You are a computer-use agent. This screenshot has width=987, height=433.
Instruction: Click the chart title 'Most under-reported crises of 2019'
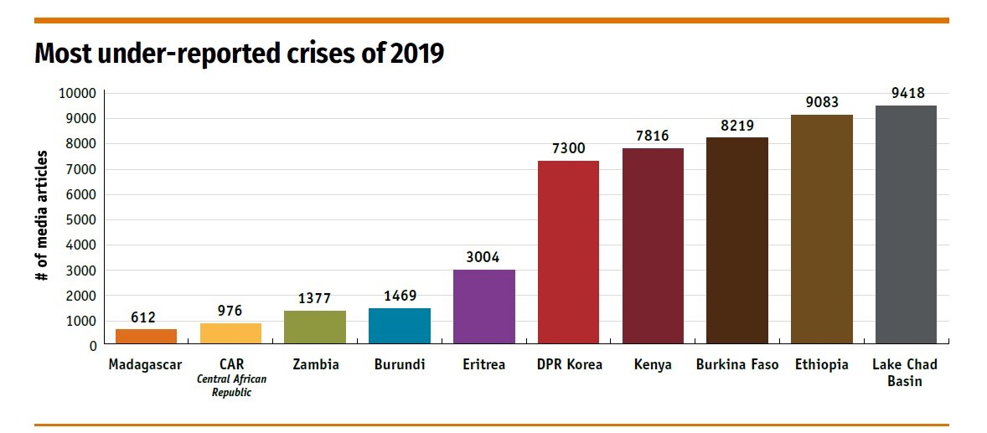click(x=239, y=54)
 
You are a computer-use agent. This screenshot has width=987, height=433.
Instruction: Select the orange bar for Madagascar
click(x=146, y=336)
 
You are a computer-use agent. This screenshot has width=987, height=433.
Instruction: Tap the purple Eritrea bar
click(x=483, y=307)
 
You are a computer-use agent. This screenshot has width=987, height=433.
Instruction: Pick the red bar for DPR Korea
click(x=568, y=252)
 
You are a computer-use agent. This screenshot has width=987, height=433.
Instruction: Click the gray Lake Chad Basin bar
click(x=905, y=224)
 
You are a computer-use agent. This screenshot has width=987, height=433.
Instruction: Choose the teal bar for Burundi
click(x=399, y=326)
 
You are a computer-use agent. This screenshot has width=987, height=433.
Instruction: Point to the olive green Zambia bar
click(x=315, y=327)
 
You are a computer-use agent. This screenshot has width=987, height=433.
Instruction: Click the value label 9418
click(x=907, y=93)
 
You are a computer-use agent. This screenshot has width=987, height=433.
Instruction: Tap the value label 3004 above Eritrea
click(x=484, y=257)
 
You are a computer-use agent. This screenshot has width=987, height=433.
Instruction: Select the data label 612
click(x=143, y=317)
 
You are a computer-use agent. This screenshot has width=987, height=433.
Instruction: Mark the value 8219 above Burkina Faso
click(x=738, y=126)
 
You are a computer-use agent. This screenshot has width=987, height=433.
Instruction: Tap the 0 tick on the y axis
click(x=92, y=346)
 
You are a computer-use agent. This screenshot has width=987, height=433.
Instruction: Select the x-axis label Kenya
click(x=653, y=365)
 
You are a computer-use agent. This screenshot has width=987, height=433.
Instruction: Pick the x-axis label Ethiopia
click(x=822, y=365)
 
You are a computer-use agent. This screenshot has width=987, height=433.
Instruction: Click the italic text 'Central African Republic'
click(x=231, y=386)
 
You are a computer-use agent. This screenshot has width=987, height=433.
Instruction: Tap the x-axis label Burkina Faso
click(x=737, y=365)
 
